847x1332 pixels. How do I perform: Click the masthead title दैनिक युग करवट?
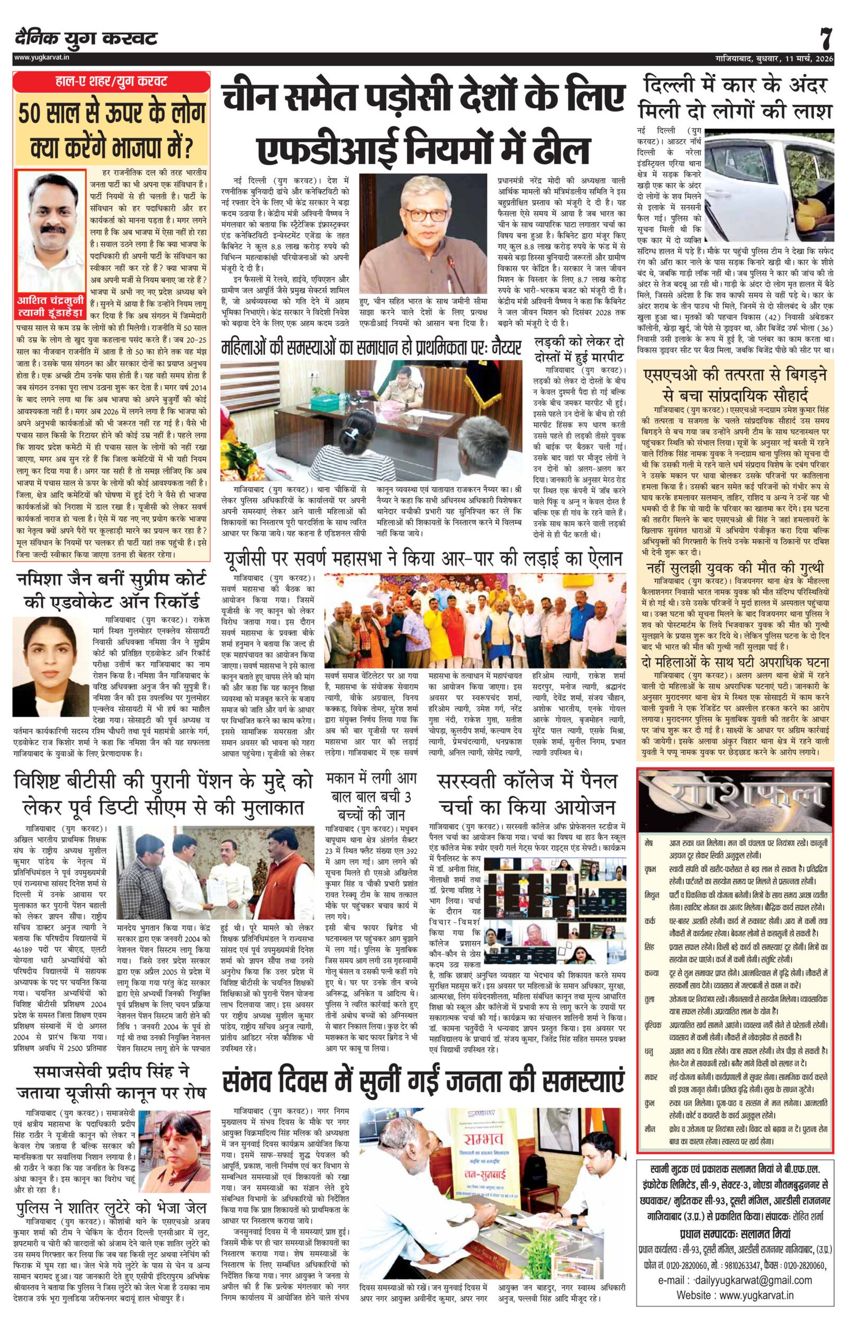[86, 39]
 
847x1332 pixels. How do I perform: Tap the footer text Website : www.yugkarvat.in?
[735, 1295]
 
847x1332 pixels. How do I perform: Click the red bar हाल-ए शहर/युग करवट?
[111, 81]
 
